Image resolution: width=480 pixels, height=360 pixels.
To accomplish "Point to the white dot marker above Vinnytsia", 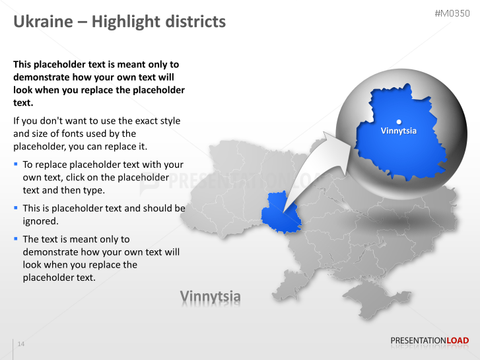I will click(x=399, y=121).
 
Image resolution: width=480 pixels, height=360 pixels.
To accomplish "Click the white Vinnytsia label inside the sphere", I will click(x=399, y=131).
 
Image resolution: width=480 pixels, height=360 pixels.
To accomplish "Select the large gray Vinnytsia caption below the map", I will click(x=211, y=297).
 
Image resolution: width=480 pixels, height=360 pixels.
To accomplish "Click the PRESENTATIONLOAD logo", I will click(x=429, y=341).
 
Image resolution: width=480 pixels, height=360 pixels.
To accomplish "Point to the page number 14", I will click(x=21, y=344).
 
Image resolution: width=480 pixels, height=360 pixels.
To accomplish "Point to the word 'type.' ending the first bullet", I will click(x=92, y=190).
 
